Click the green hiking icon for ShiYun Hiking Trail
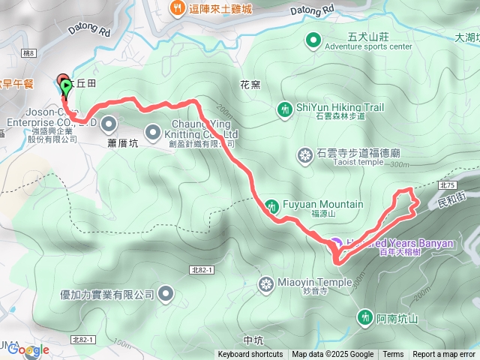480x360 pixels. pos(284,109)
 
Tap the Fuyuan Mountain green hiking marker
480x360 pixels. pos(271,205)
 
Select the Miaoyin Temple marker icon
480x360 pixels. pos(266,283)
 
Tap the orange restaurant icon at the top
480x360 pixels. pos(178,8)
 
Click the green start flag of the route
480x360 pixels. pos(67,86)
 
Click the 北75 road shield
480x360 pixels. pos(448,184)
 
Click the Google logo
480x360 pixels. pos(28,349)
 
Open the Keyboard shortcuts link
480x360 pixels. pos(250,355)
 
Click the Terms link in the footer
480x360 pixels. pos(393,355)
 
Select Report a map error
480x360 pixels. pos(444,355)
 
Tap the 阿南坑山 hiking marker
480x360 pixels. pos(365,318)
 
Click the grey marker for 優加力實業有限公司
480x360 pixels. pos(166,294)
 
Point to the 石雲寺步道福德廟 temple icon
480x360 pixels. pos(304,156)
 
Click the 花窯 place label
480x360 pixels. pos(250,85)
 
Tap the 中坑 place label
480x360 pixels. pos(254,328)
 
